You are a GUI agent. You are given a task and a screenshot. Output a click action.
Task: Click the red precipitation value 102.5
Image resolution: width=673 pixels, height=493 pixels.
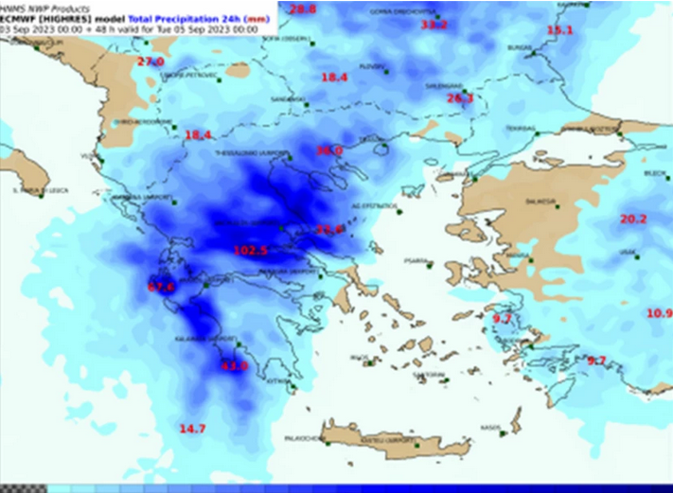(x=251, y=250)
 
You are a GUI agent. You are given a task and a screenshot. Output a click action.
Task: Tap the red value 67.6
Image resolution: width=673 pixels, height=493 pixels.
(x=162, y=287)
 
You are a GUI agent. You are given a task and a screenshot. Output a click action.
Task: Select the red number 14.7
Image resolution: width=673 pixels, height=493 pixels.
(x=192, y=429)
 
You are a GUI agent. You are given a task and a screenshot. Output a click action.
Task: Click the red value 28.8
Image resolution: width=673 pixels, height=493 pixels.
(x=303, y=9)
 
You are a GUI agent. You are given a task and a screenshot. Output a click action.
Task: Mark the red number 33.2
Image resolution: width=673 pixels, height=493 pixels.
(x=434, y=26)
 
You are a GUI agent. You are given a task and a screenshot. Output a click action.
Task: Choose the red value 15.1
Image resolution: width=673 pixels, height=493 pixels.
(x=560, y=31)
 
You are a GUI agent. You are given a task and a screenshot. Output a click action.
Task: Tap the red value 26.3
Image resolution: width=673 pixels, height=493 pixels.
(x=459, y=97)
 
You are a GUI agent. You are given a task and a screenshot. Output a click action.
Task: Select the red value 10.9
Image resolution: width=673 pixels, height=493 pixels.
(x=659, y=313)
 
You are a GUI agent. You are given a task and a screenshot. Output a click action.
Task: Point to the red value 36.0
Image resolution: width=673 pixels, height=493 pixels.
(x=328, y=150)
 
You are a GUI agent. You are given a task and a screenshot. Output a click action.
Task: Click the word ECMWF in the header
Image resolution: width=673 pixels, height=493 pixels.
(x=20, y=18)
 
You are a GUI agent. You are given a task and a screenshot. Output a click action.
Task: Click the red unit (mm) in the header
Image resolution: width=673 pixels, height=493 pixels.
(x=256, y=18)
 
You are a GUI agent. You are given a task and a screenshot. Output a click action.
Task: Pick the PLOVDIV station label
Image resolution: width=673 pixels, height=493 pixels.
(x=372, y=67)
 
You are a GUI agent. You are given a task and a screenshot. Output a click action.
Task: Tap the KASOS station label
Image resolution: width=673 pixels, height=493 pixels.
(x=488, y=427)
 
